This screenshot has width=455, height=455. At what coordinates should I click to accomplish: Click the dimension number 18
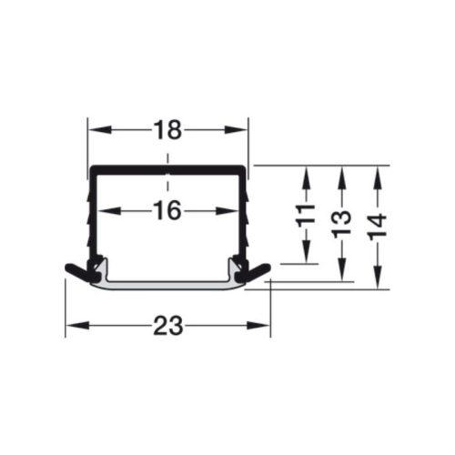pos(167,130)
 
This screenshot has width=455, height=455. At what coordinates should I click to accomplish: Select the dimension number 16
pos(167,211)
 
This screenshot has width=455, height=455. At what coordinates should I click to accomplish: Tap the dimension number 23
pos(167,326)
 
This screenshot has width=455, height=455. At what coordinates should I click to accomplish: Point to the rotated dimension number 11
pos(306,217)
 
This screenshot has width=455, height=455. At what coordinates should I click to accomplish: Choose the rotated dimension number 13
pos(341,224)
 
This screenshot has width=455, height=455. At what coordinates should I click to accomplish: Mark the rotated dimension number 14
pos(378,227)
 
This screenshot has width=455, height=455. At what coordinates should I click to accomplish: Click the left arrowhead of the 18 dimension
pos(98,130)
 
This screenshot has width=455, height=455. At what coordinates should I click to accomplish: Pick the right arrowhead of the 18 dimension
pos(237,130)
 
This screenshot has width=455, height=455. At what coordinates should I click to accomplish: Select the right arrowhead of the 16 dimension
pos(226,211)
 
